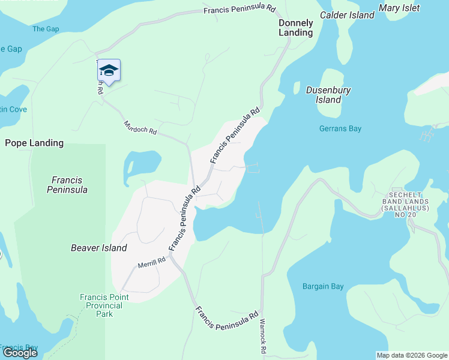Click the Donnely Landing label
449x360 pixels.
click(295, 28)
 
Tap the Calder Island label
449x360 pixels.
click(347, 15)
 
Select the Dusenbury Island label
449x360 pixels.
click(328, 95)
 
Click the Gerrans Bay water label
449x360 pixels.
click(341, 128)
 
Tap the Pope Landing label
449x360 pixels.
click(34, 143)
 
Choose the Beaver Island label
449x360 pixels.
click(99, 248)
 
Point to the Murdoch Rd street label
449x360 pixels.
click(140, 127)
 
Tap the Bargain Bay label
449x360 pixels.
click(323, 286)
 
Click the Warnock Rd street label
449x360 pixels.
click(262, 335)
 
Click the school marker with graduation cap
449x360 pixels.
click(109, 70)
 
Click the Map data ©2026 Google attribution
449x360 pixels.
click(411, 355)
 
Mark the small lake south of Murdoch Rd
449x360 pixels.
click(142, 165)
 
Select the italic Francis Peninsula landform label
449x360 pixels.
click(67, 185)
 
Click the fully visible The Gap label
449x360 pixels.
click(46, 29)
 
